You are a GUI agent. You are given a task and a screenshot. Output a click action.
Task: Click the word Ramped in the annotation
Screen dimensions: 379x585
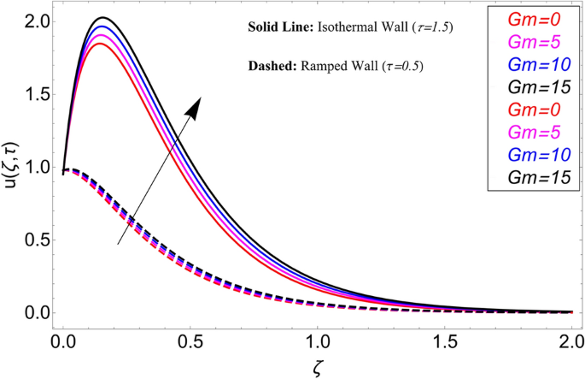pyautogui.click(x=321, y=65)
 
